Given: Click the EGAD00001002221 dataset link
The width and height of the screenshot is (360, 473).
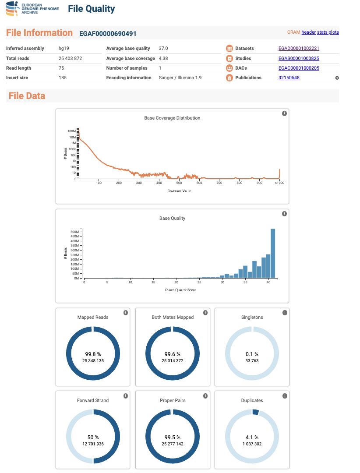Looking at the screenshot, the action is pyautogui.click(x=299, y=48).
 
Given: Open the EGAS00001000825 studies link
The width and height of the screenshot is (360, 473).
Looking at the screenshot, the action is pyautogui.click(x=299, y=58).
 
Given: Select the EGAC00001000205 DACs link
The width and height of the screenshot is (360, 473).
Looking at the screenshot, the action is pyautogui.click(x=299, y=68).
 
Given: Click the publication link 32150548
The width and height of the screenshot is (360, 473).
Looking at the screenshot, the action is pyautogui.click(x=289, y=78).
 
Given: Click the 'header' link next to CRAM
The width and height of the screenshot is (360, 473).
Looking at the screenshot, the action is pyautogui.click(x=308, y=32).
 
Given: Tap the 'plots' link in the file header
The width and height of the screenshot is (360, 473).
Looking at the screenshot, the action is pyautogui.click(x=333, y=32).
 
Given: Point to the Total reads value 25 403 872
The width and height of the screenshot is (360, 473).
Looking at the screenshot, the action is pyautogui.click(x=71, y=58).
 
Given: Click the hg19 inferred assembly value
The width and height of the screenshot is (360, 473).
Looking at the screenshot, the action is pyautogui.click(x=64, y=48).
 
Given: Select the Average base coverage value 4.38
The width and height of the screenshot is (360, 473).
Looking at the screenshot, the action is pyautogui.click(x=163, y=58).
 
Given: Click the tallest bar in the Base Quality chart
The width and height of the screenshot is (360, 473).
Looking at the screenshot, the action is pyautogui.click(x=273, y=254).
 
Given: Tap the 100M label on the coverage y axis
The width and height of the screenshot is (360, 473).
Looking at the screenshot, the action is pyautogui.click(x=71, y=131).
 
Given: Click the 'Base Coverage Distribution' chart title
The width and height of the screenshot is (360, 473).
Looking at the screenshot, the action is pyautogui.click(x=172, y=118).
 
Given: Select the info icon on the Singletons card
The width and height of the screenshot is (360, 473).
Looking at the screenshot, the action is pyautogui.click(x=285, y=313).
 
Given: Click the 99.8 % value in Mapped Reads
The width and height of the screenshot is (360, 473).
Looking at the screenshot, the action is pyautogui.click(x=93, y=354).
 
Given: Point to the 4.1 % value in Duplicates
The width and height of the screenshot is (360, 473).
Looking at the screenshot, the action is pyautogui.click(x=252, y=438).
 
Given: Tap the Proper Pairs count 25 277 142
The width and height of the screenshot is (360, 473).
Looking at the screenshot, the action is pyautogui.click(x=172, y=444).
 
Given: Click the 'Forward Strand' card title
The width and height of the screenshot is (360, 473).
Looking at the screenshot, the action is pyautogui.click(x=93, y=400).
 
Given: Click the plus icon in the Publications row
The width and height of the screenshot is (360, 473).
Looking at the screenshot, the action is pyautogui.click(x=337, y=78).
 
